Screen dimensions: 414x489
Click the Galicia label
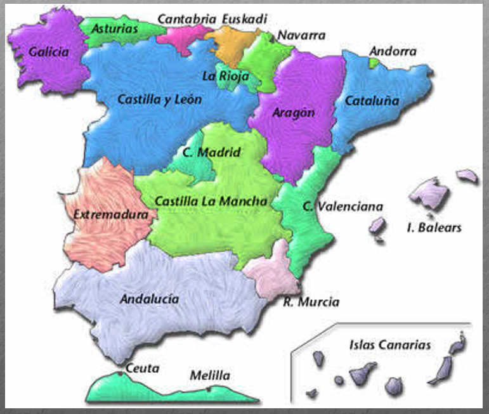click(48, 53)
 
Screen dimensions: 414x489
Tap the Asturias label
click(114, 29)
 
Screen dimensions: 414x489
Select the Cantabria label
click(186, 19)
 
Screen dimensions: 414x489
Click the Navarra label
click(301, 35)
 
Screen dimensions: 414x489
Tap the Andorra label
click(393, 51)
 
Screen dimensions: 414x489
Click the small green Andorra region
click(374, 63)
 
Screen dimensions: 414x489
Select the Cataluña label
click(372, 101)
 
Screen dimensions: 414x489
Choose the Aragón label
click(293, 113)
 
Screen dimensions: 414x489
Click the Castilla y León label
click(160, 100)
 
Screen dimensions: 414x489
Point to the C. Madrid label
click(211, 153)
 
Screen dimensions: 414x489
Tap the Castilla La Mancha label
click(211, 201)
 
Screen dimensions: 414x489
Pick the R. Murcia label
click(311, 302)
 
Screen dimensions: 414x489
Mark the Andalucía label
click(149, 299)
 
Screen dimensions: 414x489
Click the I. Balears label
click(434, 227)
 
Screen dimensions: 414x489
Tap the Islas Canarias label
click(389, 346)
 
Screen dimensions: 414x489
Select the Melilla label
click(210, 376)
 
